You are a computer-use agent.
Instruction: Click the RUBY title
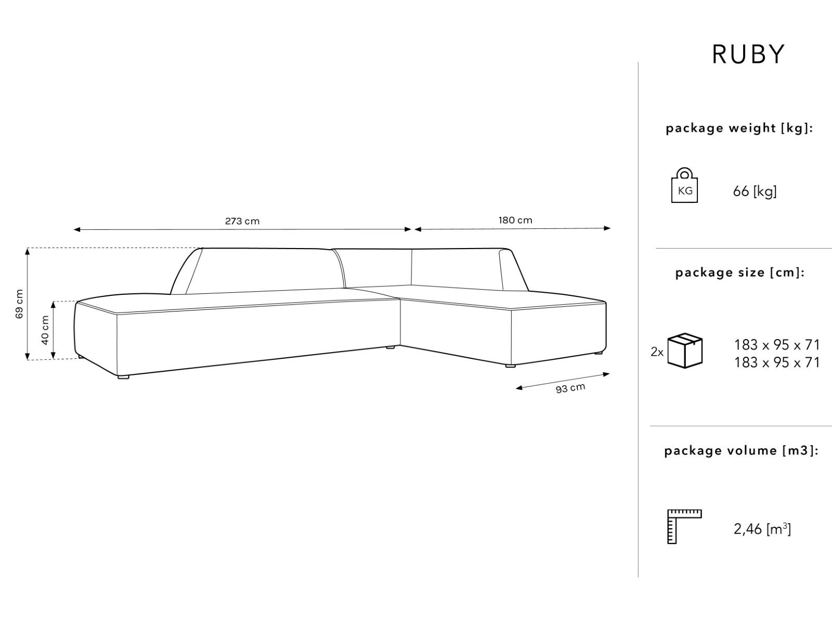click(x=748, y=55)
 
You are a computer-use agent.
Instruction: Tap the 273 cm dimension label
click(x=242, y=221)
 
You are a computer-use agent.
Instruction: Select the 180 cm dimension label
click(x=515, y=220)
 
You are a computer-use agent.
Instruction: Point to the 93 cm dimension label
click(x=570, y=388)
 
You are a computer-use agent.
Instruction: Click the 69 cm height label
click(x=19, y=304)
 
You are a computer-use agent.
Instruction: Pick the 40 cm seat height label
click(x=45, y=330)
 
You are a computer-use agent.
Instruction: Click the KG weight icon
click(x=684, y=185)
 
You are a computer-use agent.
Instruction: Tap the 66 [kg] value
click(x=755, y=191)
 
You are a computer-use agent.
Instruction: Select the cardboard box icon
click(x=685, y=350)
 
